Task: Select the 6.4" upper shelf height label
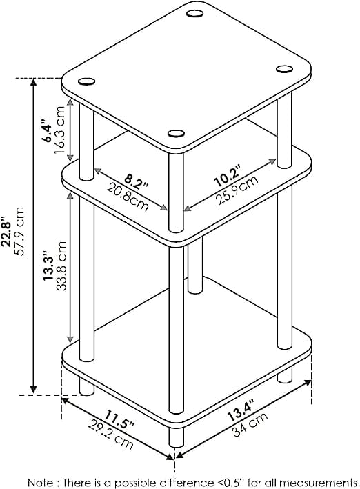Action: tap(48, 130)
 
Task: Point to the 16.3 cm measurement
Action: tap(59, 130)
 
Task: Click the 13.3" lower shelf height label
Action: tap(49, 265)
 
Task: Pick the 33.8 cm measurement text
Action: tap(61, 266)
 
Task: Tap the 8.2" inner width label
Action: tap(136, 181)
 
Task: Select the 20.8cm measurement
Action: tap(128, 197)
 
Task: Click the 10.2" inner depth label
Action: tap(227, 176)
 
